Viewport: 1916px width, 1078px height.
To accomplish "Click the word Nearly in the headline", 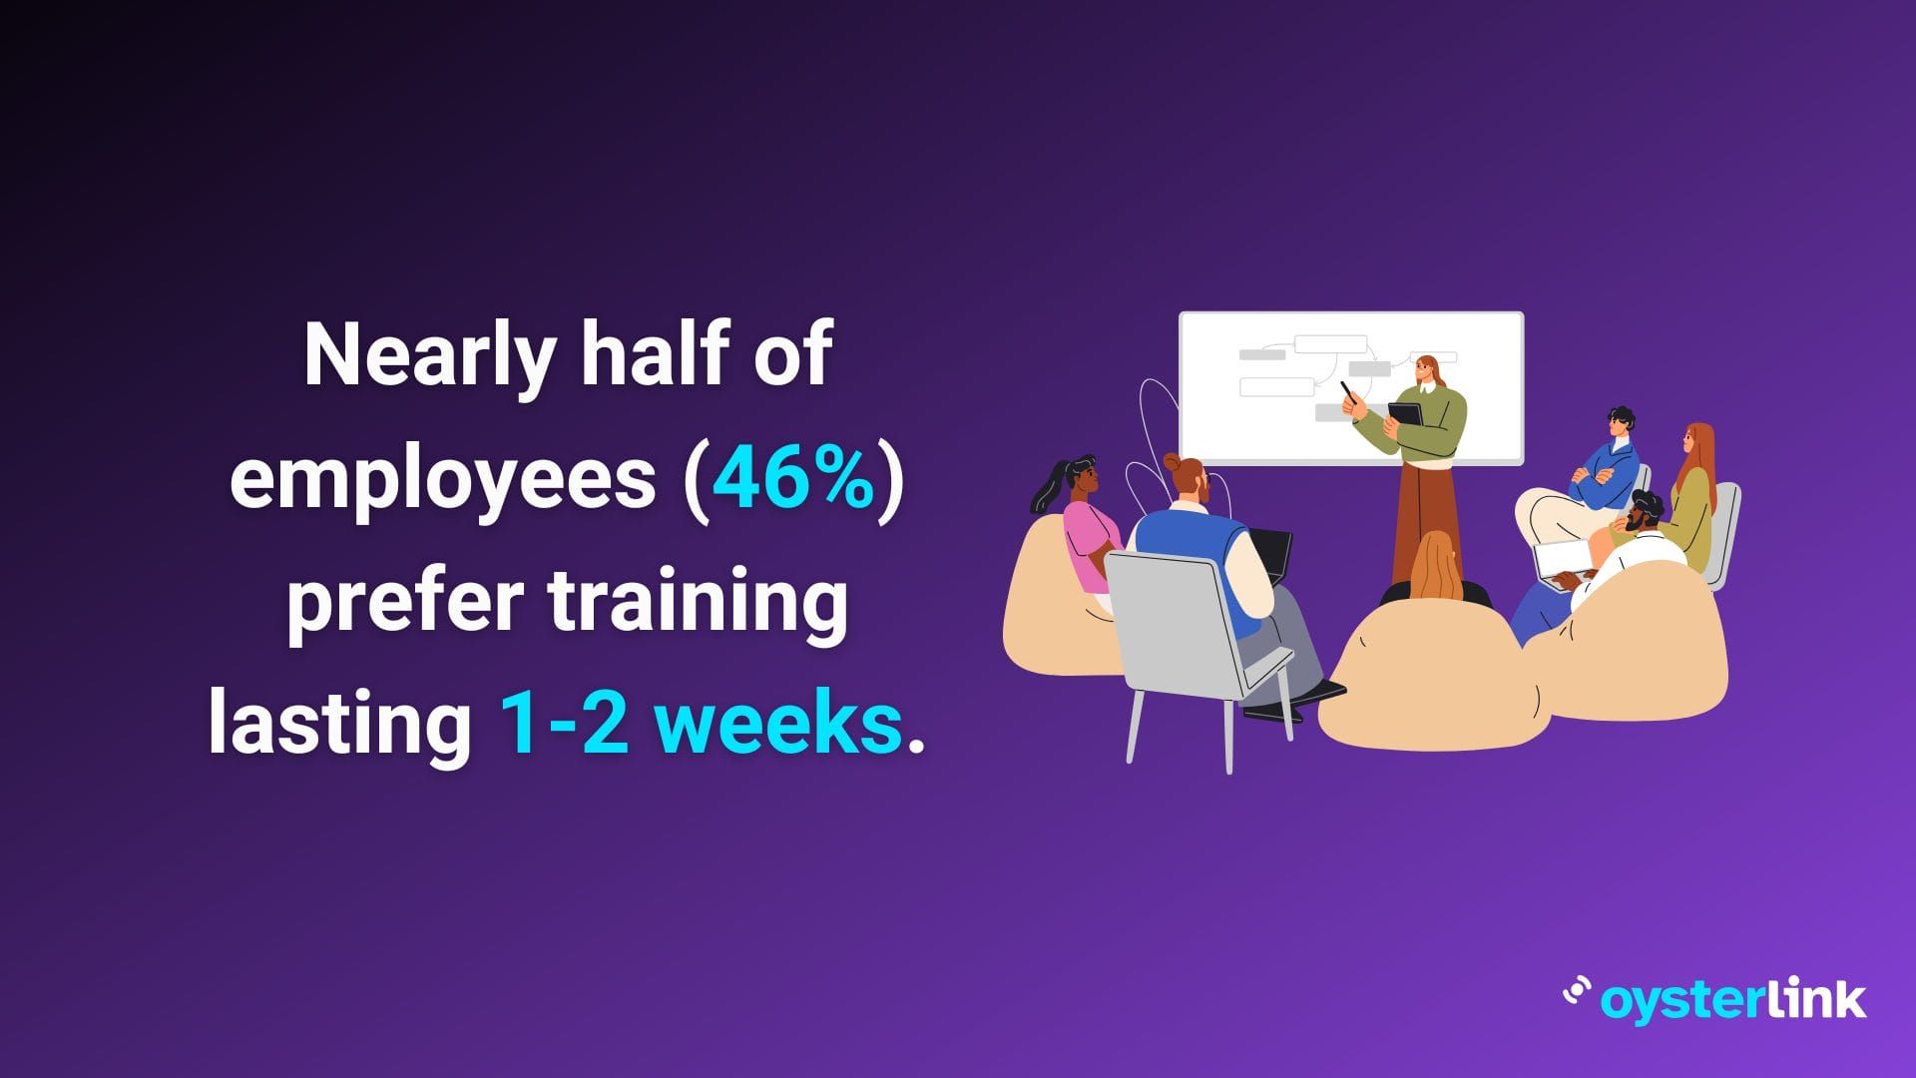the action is tap(429, 357).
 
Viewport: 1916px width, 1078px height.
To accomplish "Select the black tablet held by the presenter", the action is tap(1405, 412).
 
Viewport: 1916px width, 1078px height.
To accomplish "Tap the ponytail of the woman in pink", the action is tap(1047, 486).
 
